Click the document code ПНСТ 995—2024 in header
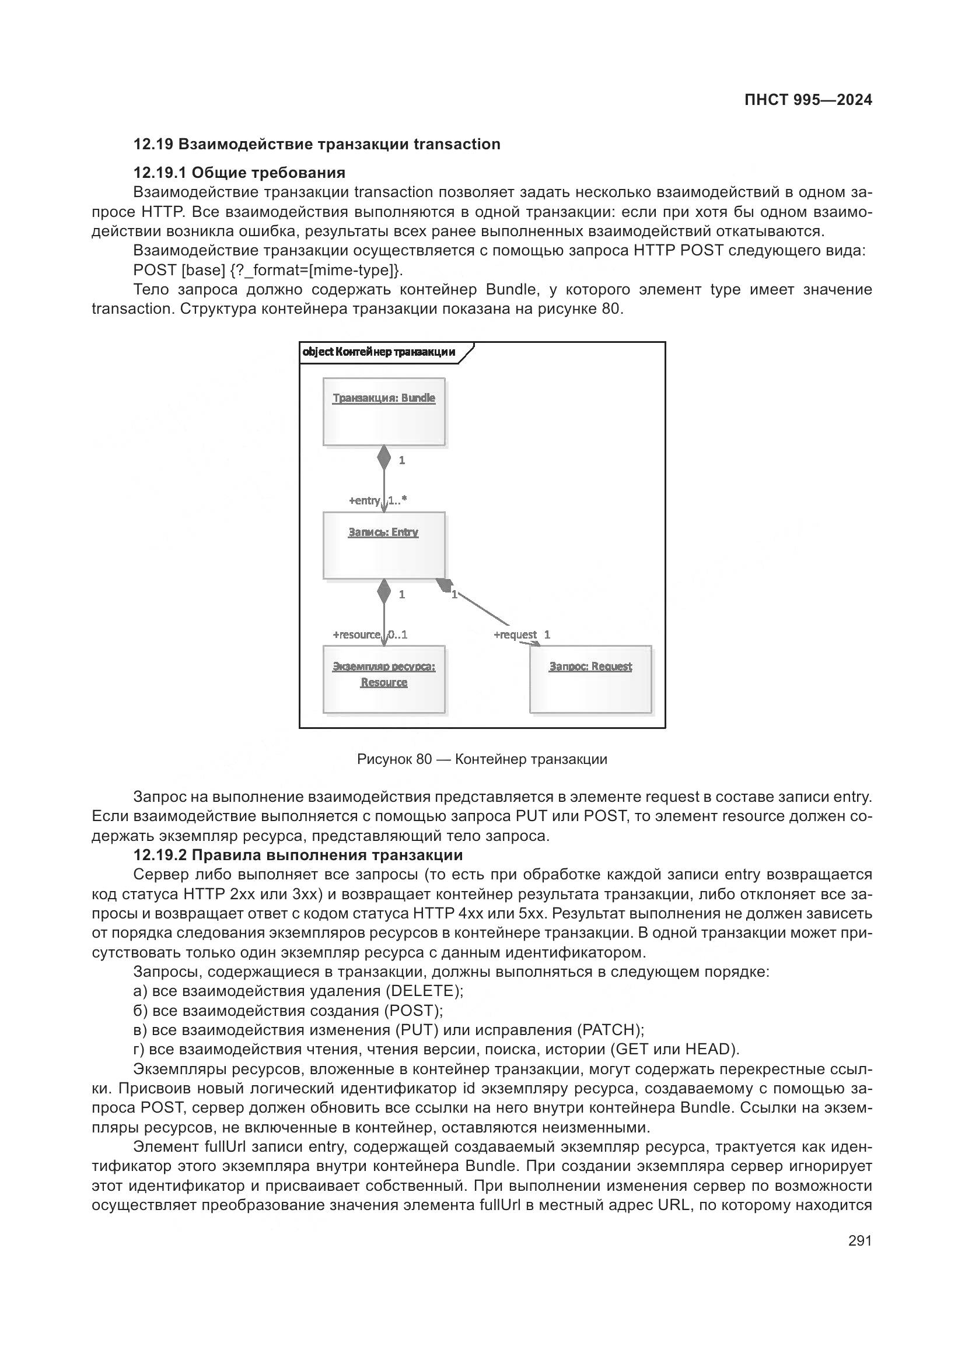pyautogui.click(x=808, y=100)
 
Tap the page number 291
pyautogui.click(x=859, y=1240)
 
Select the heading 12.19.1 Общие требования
pyautogui.click(x=239, y=173)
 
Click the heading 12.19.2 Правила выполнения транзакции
pyautogui.click(x=298, y=855)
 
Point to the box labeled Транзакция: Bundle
pyautogui.click(x=384, y=412)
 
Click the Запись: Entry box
pyautogui.click(x=384, y=545)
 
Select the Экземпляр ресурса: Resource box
pyautogui.click(x=384, y=679)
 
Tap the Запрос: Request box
pyautogui.click(x=590, y=679)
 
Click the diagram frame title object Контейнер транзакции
pyautogui.click(x=379, y=352)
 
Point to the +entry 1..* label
pyautogui.click(x=377, y=500)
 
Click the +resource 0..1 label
pyautogui.click(x=369, y=634)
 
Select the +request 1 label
pyautogui.click(x=522, y=634)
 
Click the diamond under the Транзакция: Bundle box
pyautogui.click(x=384, y=458)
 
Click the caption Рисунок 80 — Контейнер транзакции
pyautogui.click(x=482, y=759)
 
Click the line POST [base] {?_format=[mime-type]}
pyautogui.click(x=268, y=270)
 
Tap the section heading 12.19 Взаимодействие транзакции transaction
pyautogui.click(x=317, y=145)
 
